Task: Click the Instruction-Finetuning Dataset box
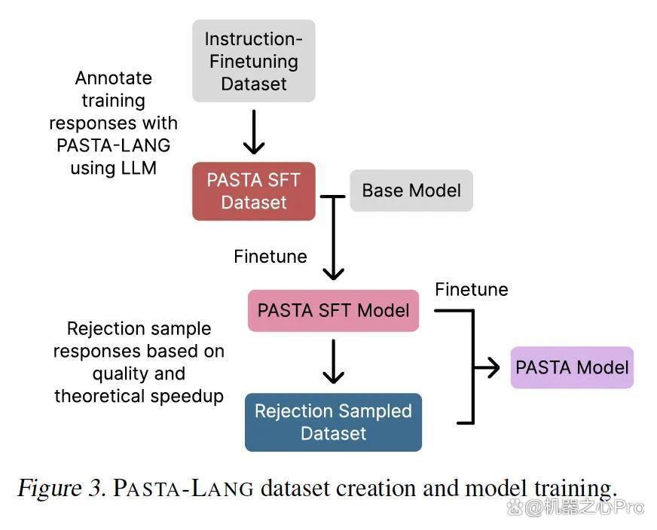tap(253, 61)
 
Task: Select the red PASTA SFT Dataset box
tap(253, 191)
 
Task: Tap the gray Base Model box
tap(411, 190)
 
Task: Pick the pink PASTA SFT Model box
tap(333, 311)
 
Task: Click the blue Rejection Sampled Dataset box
tap(333, 422)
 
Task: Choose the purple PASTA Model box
tap(572, 367)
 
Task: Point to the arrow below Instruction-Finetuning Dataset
tap(253, 132)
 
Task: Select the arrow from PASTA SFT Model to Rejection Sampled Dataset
tap(334, 361)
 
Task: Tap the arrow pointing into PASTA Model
tap(487, 367)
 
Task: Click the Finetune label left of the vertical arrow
tap(270, 256)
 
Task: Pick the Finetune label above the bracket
tap(472, 289)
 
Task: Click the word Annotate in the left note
tap(114, 78)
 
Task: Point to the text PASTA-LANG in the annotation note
tap(114, 145)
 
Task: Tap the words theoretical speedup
tap(139, 396)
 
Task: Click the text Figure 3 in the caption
tap(61, 488)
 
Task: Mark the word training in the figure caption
tap(576, 489)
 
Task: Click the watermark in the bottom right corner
tap(575, 507)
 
